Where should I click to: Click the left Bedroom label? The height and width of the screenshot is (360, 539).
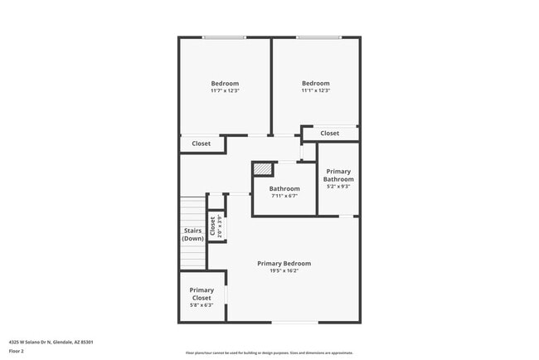[225, 83]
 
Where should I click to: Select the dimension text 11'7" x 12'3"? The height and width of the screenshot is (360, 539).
[225, 90]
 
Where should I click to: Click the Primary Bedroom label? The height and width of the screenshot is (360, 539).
[284, 263]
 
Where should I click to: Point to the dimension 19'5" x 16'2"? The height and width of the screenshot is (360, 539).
[284, 270]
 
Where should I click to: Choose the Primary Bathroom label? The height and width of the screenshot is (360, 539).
[338, 175]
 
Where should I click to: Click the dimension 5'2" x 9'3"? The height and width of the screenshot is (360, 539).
[338, 187]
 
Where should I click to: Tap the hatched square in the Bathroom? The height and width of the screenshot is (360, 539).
[263, 169]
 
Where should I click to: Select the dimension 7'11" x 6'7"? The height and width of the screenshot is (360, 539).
[284, 197]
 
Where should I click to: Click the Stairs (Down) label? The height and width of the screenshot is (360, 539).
[193, 235]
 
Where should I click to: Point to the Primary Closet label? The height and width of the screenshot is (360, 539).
[202, 294]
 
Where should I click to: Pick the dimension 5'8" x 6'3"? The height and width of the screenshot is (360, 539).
[202, 305]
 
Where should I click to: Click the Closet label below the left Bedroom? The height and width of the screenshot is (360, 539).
[202, 144]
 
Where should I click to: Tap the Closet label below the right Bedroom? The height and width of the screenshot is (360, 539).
[329, 133]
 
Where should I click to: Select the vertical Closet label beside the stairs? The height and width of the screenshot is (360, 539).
[213, 226]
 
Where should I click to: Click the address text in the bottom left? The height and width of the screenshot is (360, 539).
[51, 342]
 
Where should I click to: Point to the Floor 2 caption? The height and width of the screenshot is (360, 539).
[17, 352]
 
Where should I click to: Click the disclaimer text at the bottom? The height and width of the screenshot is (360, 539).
[269, 353]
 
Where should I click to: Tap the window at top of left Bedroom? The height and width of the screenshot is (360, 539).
[225, 37]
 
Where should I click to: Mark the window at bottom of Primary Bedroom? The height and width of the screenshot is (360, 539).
[295, 322]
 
